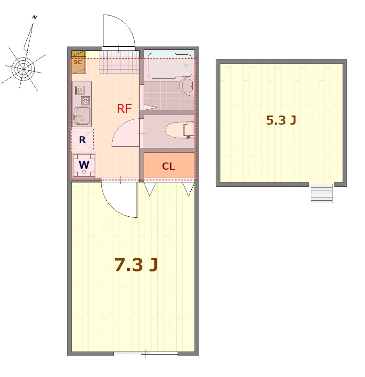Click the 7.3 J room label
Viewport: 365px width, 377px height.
(x=136, y=265)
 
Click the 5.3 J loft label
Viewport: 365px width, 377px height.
(x=281, y=120)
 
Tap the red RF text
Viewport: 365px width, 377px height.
(x=124, y=109)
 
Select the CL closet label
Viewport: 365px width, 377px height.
(x=169, y=166)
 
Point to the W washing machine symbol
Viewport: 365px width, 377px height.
(x=84, y=165)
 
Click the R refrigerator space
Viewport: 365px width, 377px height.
(x=82, y=139)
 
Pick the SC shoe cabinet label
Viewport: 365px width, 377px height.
(x=78, y=62)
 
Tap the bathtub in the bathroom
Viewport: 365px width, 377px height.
(x=170, y=66)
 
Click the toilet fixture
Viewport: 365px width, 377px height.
(x=179, y=131)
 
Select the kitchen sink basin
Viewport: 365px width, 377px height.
(x=82, y=116)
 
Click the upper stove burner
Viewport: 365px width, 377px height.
(x=80, y=90)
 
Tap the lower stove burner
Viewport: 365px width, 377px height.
(x=86, y=100)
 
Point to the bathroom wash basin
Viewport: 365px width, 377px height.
(x=187, y=86)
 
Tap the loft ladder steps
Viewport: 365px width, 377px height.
(x=322, y=194)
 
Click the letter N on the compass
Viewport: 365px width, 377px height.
(x=35, y=17)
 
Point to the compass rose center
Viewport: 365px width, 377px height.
(x=23, y=69)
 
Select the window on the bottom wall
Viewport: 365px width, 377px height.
(x=146, y=354)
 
